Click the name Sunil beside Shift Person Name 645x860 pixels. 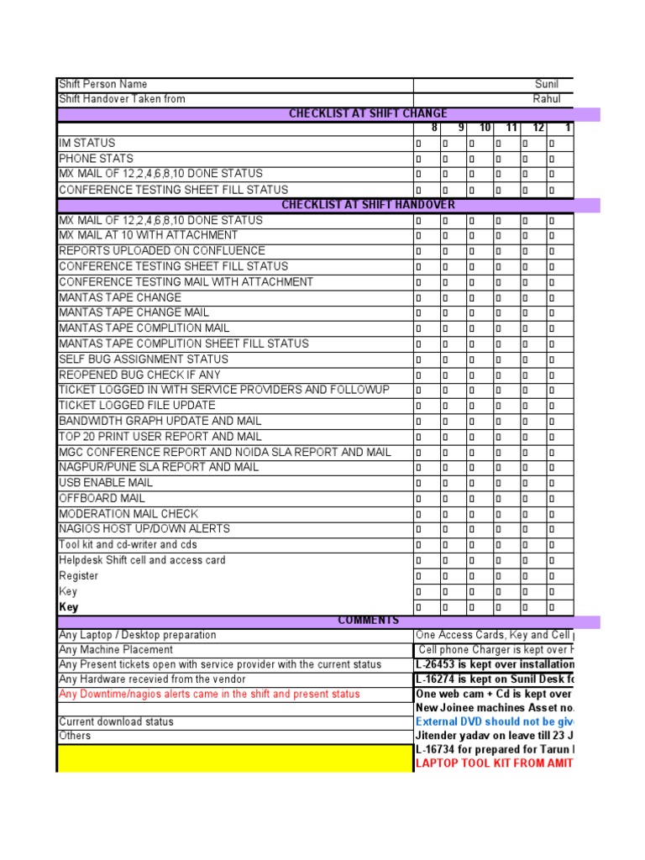[546, 84]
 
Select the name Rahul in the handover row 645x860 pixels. [547, 99]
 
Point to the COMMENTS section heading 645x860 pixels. [368, 621]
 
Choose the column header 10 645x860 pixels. [485, 128]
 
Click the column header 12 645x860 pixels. [538, 128]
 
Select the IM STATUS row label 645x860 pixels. [87, 144]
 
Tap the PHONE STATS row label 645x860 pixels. [96, 159]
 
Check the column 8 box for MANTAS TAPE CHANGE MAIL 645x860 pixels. [419, 313]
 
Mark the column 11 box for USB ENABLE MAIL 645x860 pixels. [498, 484]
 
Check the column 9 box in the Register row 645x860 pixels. [446, 576]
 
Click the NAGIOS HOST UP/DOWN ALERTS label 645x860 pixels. [144, 529]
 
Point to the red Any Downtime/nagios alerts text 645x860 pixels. [209, 694]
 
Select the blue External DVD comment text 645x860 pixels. [494, 722]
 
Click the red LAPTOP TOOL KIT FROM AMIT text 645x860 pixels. [494, 763]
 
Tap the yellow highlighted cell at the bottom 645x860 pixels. [235, 758]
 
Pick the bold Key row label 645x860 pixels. [68, 607]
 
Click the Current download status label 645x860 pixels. [117, 722]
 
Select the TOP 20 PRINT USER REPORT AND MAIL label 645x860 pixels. [160, 437]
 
